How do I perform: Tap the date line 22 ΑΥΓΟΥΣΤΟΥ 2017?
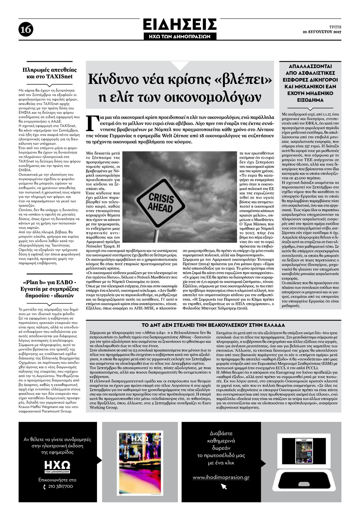322,32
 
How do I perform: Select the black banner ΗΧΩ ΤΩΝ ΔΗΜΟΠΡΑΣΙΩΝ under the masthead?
180,36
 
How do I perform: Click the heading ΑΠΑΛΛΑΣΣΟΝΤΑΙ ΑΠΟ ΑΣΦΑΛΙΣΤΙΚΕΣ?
310,83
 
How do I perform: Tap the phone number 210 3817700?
61,486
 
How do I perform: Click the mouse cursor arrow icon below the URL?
224,486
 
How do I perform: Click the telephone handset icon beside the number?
44,487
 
